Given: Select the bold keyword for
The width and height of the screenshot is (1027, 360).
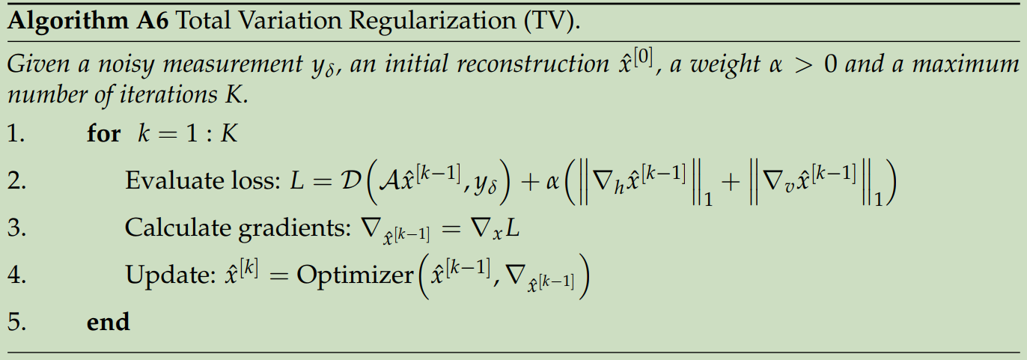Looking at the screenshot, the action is coord(103,134).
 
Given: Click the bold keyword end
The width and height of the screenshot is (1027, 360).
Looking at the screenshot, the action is coord(108,323).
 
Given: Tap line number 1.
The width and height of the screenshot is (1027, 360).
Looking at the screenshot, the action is coord(16,134).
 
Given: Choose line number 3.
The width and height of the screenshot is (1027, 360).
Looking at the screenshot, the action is coord(16,228).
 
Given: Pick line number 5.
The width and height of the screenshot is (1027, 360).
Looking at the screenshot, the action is coord(16,323).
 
